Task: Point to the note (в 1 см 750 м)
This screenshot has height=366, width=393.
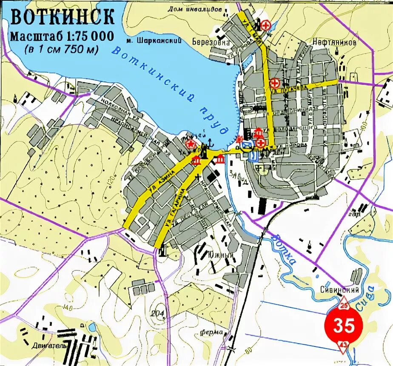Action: (61, 49)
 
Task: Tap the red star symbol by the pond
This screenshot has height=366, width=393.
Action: (192, 144)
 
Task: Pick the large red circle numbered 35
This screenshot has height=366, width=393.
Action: (344, 326)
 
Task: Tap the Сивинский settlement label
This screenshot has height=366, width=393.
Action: (340, 290)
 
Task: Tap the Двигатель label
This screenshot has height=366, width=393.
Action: (49, 346)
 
